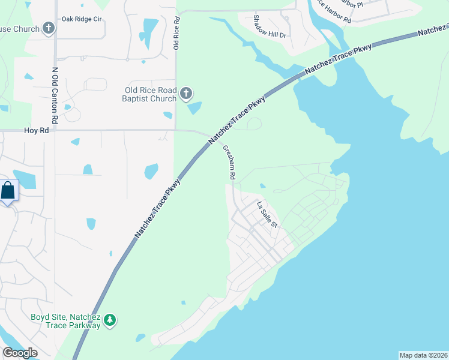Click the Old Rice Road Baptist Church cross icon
point(186,93)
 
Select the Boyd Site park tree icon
point(109,320)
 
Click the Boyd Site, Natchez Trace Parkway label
point(66,321)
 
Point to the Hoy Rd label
point(36,130)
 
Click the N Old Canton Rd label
point(54,96)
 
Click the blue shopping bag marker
point(8,191)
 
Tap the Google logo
point(20,353)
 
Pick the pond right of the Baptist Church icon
point(194,109)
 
